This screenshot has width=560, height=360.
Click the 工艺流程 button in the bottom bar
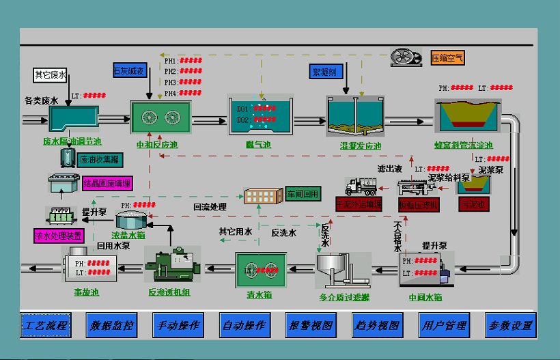click(x=46, y=325)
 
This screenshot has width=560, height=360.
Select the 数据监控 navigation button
click(x=111, y=325)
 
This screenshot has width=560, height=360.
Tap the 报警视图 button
click(x=311, y=325)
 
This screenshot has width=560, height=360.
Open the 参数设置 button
click(x=510, y=325)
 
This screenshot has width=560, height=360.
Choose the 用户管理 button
click(x=444, y=325)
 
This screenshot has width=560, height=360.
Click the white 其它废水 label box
click(x=51, y=75)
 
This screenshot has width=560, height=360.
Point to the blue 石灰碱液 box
click(x=129, y=70)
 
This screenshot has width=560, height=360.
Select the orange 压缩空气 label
click(x=447, y=57)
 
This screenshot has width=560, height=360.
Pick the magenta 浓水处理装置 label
click(x=59, y=236)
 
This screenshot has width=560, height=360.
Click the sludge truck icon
click(x=361, y=186)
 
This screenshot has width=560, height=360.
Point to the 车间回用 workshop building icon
click(x=263, y=195)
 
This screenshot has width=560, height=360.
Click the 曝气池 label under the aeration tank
click(x=259, y=145)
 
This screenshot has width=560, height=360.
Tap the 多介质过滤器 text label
click(x=344, y=297)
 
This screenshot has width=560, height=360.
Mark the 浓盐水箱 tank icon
click(x=132, y=220)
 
